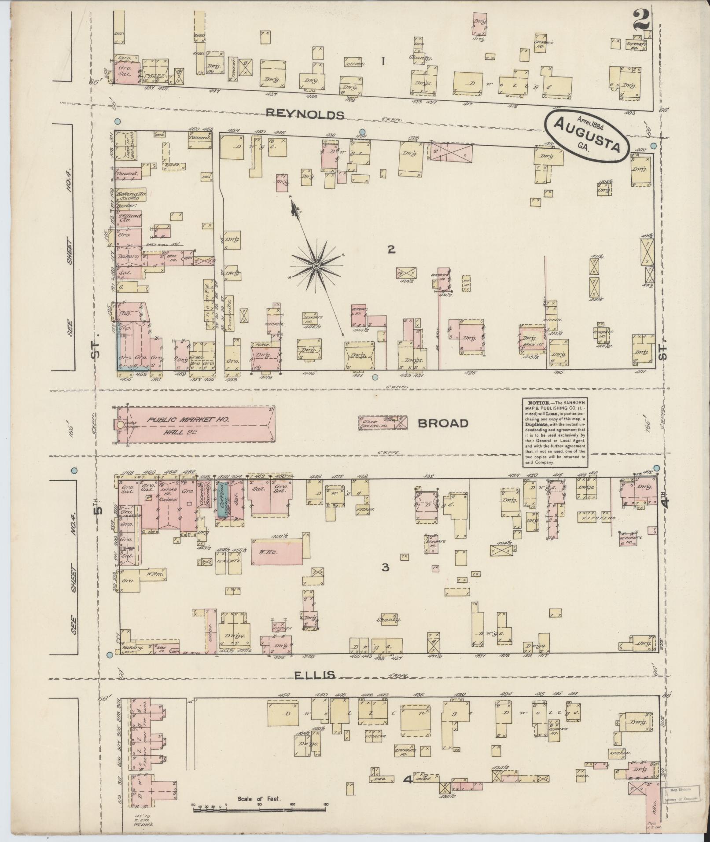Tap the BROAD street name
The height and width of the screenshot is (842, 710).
(443, 424)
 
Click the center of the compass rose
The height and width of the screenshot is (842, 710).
(316, 266)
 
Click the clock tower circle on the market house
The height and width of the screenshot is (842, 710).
(120, 425)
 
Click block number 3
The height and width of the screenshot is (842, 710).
(385, 567)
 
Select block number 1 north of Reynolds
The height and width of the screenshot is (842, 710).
(383, 61)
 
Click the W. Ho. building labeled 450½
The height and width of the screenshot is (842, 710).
(277, 551)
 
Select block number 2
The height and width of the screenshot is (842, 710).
(391, 250)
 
